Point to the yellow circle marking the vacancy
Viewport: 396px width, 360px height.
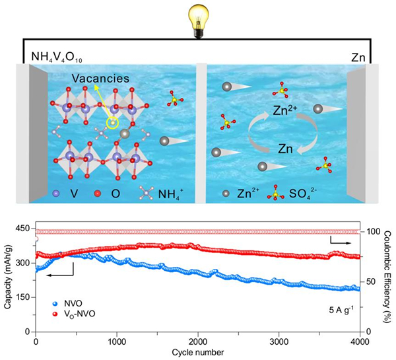[x=113, y=122]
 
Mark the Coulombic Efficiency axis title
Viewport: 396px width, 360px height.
[x=389, y=280]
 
